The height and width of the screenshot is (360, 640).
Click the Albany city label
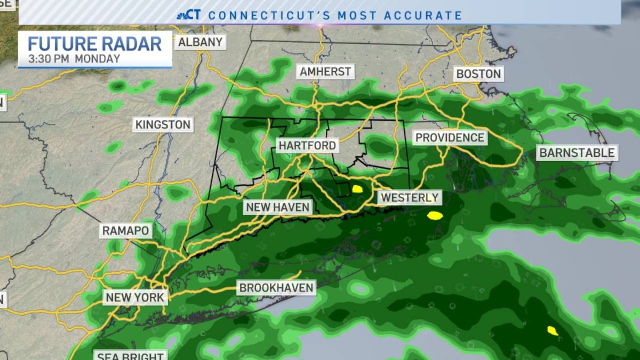200,42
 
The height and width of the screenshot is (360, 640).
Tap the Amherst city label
325,71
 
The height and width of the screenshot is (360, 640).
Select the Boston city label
478,74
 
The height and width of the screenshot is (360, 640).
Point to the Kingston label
163,125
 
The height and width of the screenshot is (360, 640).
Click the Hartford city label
307,145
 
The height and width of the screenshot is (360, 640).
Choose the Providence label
450,138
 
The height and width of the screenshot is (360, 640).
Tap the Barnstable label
577,153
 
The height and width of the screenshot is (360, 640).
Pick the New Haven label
277,207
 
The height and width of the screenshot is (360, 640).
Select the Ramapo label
126,231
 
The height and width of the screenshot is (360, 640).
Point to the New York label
135,297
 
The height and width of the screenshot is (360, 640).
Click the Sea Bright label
130,355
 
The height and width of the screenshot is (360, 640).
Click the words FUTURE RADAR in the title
94,43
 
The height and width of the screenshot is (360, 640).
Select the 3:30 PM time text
49,58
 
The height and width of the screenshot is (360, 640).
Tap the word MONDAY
97,58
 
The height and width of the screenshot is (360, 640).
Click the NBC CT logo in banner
189,14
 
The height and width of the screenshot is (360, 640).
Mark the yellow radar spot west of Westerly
357,188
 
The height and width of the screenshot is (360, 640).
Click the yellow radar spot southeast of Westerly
435,215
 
